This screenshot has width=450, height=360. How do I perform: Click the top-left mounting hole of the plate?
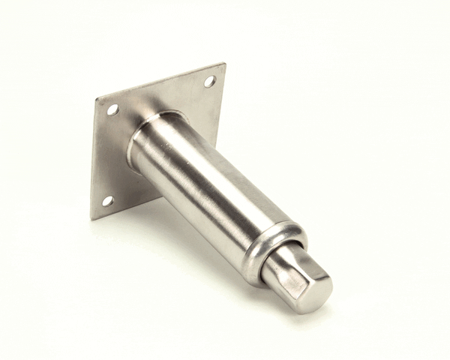pyautogui.click(x=112, y=109)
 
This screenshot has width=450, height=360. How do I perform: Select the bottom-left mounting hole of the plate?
pyautogui.click(x=107, y=200)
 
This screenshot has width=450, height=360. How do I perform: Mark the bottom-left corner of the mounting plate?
pyautogui.click(x=91, y=219)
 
